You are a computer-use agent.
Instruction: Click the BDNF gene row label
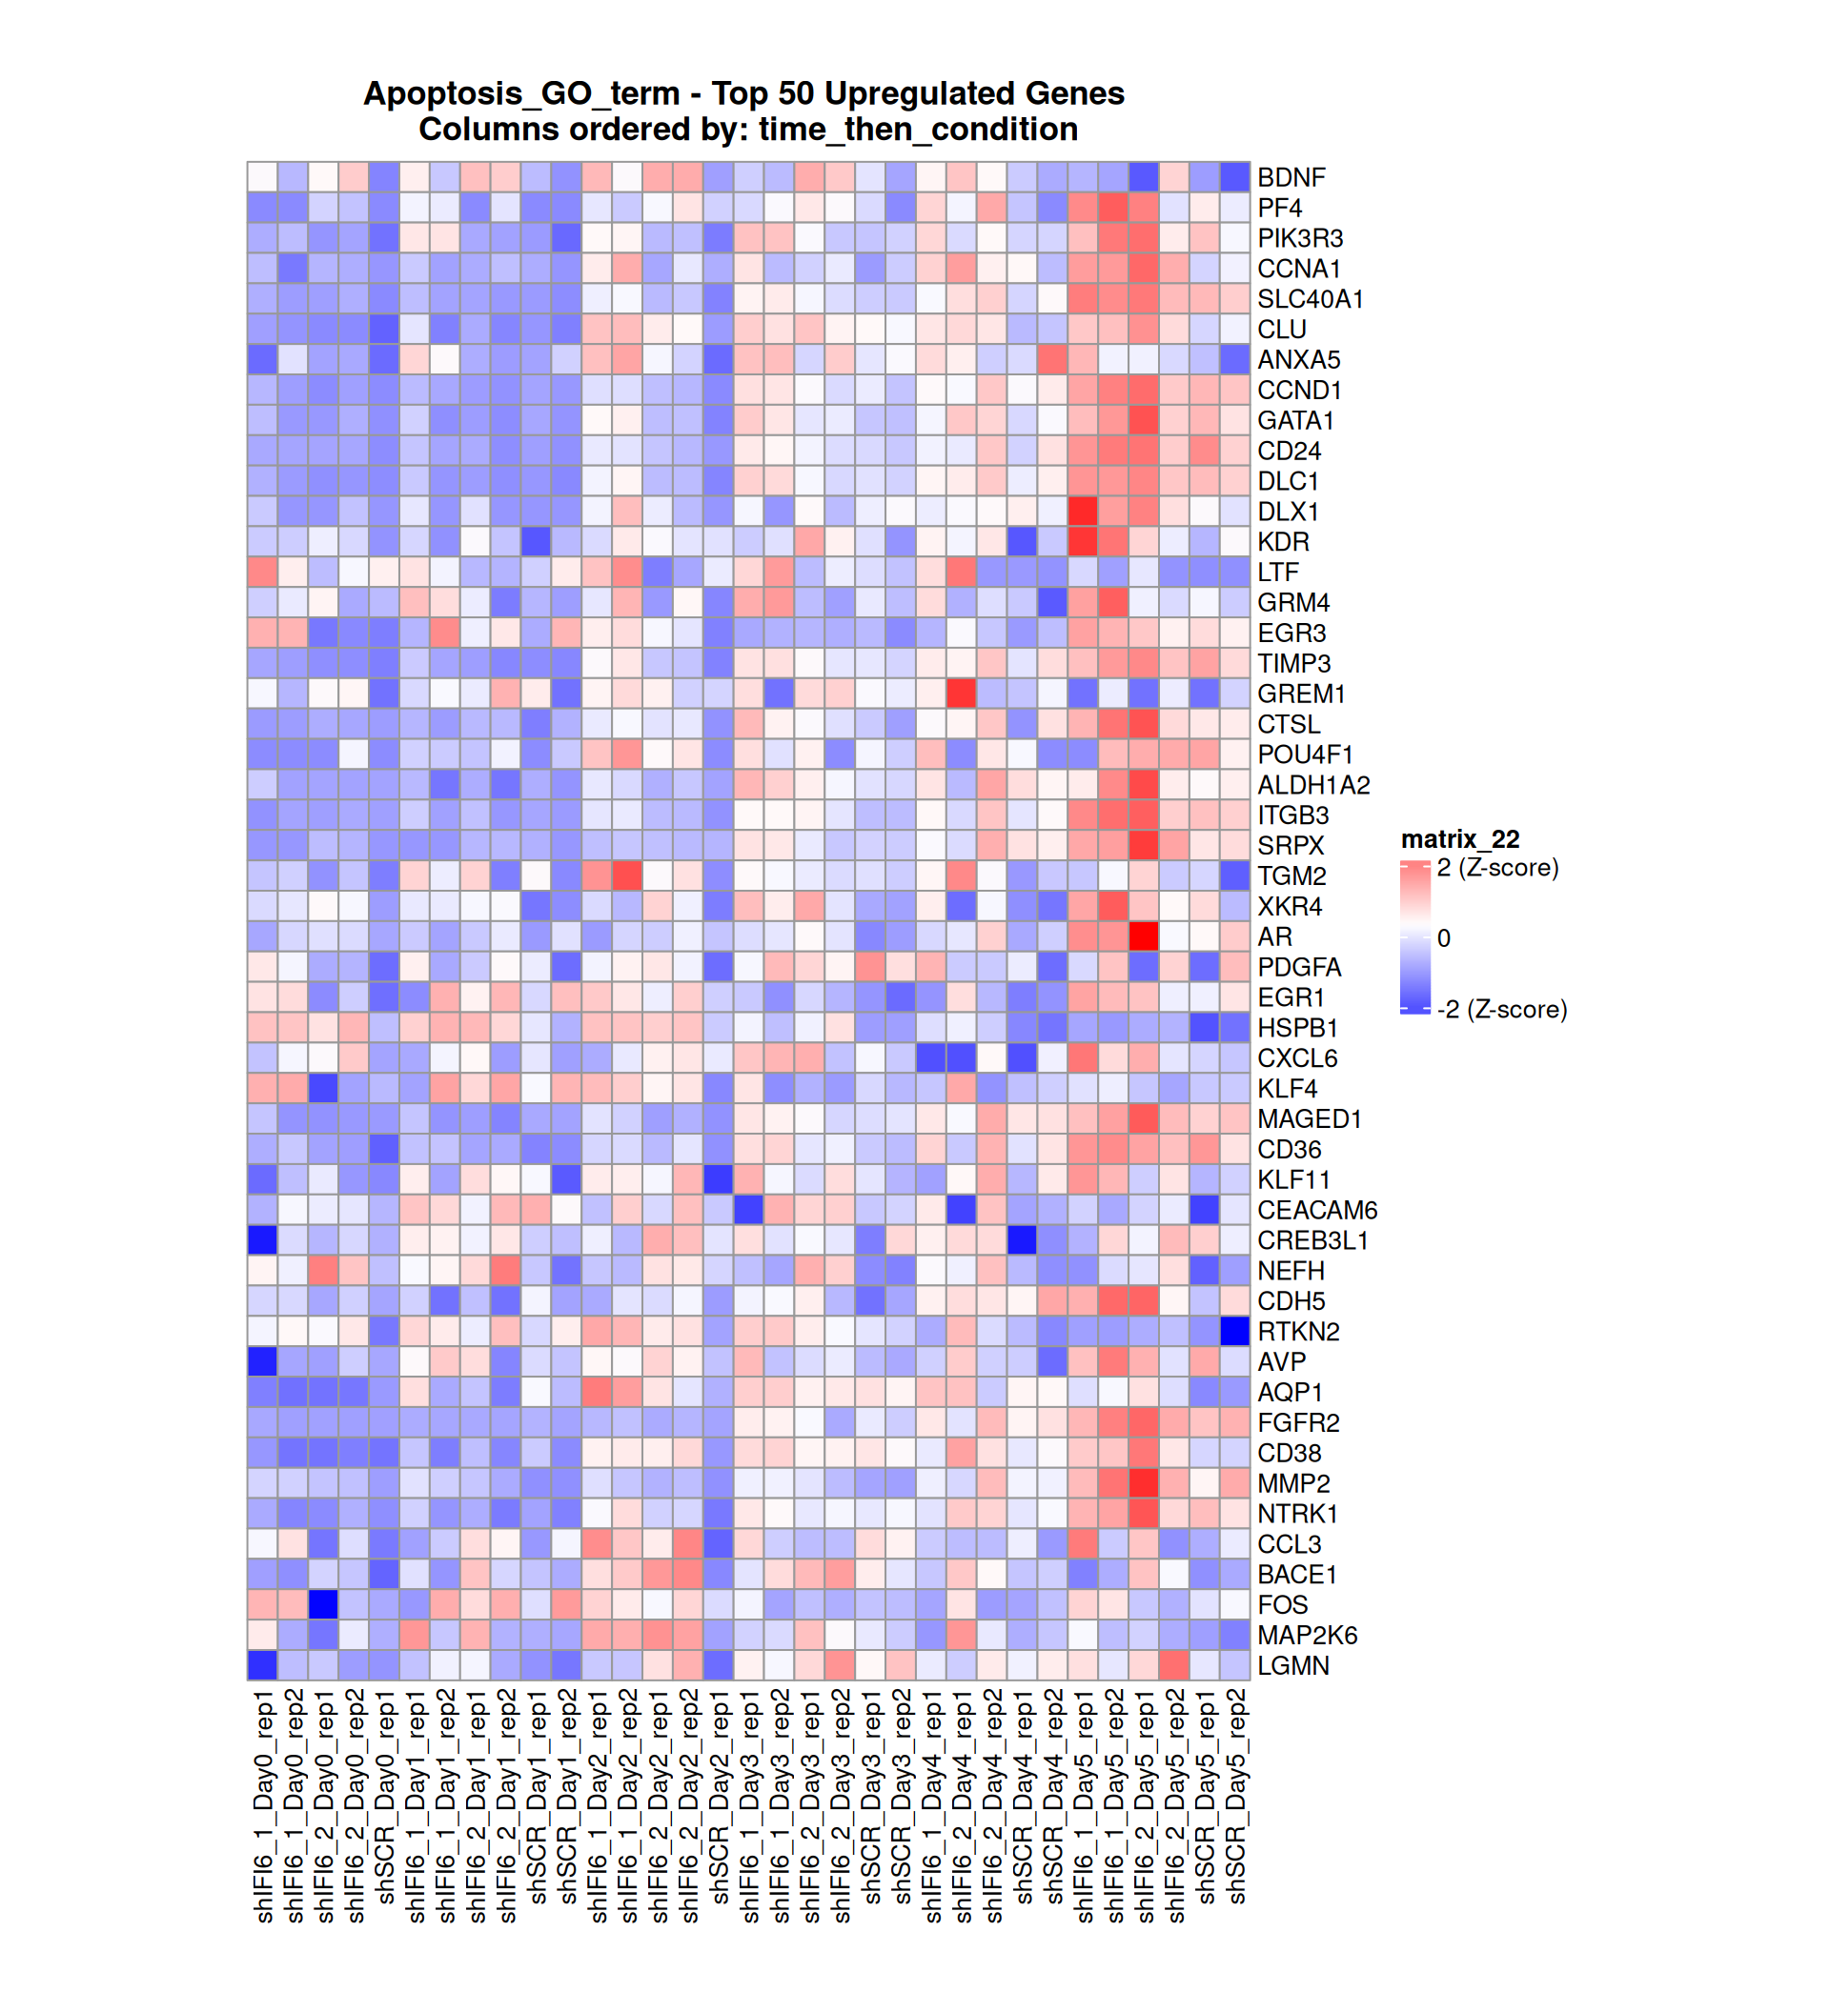point(1290,177)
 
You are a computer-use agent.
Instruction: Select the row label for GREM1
point(1300,694)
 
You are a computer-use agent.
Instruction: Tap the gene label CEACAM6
point(1316,1210)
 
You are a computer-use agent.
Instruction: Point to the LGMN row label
point(1291,1665)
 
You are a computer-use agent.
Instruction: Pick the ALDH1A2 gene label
point(1311,784)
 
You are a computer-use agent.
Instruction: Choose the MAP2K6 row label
point(1306,1635)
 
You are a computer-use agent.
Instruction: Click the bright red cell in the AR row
point(1143,936)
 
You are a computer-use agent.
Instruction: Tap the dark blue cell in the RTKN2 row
point(1234,1332)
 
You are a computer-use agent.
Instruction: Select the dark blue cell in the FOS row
point(323,1605)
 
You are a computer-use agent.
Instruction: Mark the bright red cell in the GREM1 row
point(962,694)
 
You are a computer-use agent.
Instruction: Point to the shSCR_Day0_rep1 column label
point(385,1797)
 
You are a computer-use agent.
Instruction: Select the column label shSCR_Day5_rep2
point(1236,1797)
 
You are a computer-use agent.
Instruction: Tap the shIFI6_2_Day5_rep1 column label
point(1145,1806)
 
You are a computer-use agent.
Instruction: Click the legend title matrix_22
point(1458,839)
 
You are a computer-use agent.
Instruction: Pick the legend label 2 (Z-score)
point(1496,867)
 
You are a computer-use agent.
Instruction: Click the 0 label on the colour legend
point(1443,938)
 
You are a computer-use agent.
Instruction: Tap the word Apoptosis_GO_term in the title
point(521,93)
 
